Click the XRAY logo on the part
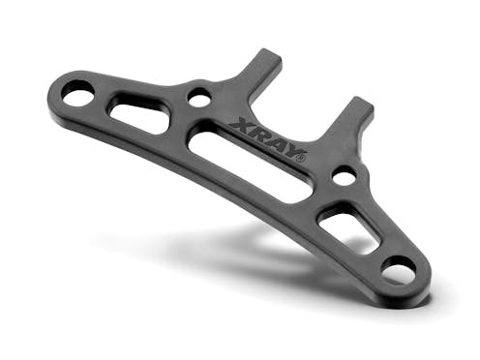[270, 139]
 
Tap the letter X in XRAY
[241, 125]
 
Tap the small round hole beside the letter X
[199, 98]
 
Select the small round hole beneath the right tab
[345, 176]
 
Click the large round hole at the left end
[77, 94]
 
